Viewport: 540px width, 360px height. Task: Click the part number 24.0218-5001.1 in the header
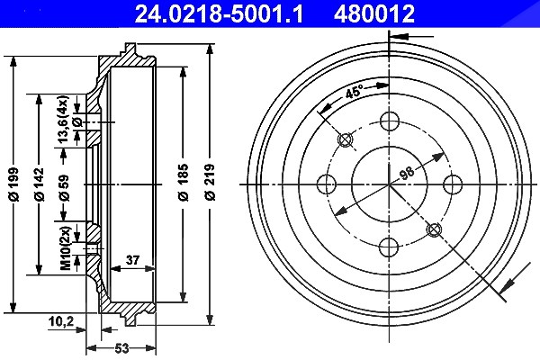[219, 13]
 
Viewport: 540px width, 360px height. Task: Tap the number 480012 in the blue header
[374, 13]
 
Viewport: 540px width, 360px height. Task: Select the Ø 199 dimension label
[14, 184]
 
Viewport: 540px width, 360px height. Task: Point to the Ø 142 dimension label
[40, 184]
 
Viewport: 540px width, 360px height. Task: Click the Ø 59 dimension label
[64, 188]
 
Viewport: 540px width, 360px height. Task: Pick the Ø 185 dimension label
[184, 182]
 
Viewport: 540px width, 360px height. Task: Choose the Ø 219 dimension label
[210, 182]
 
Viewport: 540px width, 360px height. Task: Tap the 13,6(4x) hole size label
[63, 119]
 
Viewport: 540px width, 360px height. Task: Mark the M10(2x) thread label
[66, 247]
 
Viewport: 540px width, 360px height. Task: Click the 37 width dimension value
[132, 260]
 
